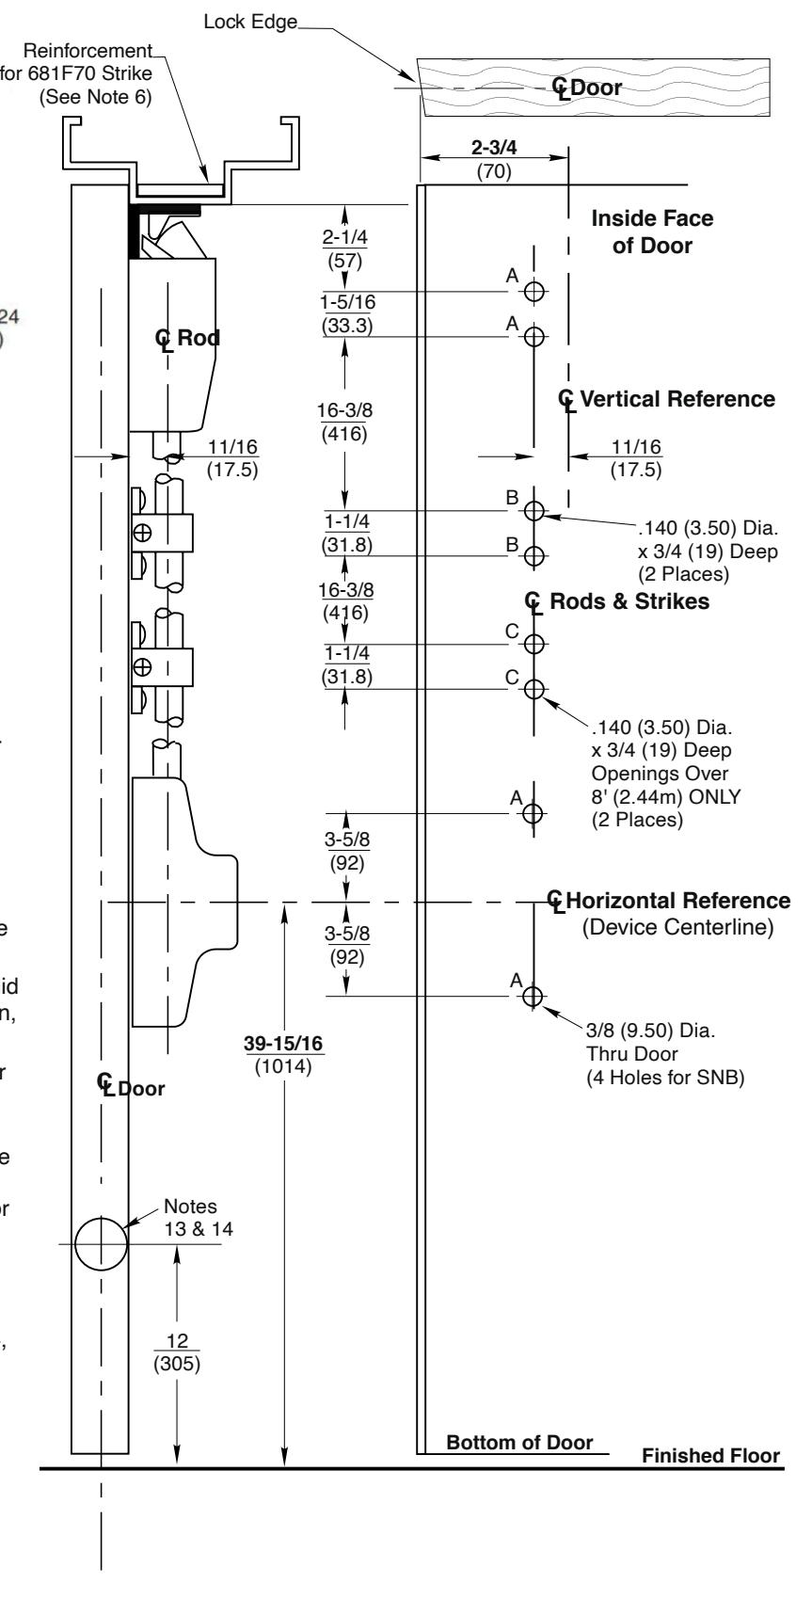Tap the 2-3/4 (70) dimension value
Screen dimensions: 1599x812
pos(493,156)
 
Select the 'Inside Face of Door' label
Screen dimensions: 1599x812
pos(651,232)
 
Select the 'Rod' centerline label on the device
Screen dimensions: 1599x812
pos(188,340)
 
